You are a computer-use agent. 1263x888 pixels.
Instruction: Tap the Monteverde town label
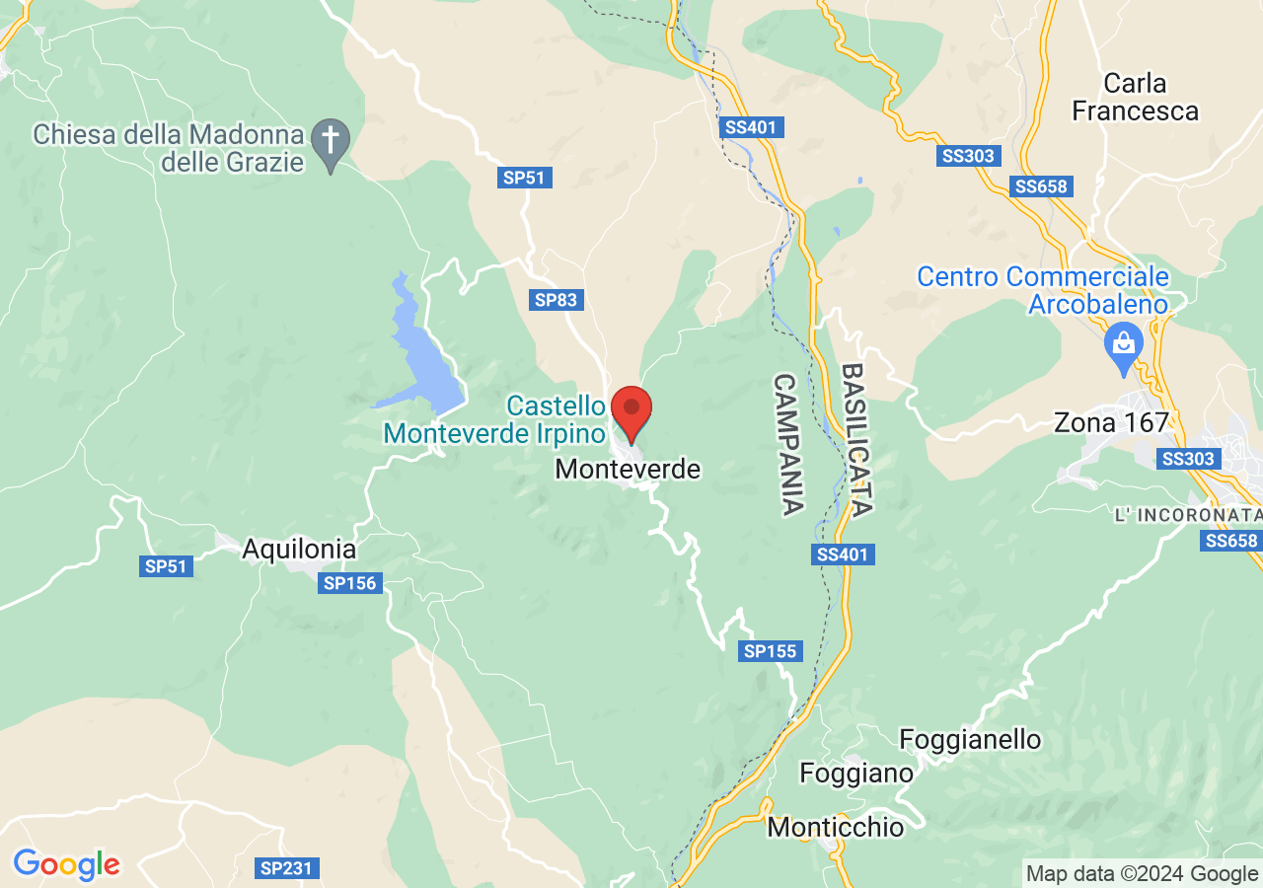click(628, 470)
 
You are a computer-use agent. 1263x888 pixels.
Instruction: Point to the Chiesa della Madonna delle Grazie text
click(168, 148)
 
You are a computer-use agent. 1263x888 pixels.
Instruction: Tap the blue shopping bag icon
click(1124, 344)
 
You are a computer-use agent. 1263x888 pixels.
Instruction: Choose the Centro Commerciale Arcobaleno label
click(1043, 290)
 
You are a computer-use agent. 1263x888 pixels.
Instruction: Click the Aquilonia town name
click(299, 549)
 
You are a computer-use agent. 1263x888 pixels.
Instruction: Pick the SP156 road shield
click(350, 583)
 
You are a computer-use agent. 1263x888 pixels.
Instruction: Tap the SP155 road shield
click(771, 651)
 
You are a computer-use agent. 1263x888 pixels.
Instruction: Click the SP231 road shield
click(286, 868)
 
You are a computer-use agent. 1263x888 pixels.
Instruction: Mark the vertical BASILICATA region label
click(855, 440)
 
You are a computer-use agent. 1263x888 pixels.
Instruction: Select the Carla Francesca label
click(1135, 97)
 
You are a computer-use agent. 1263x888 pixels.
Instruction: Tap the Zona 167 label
click(1111, 423)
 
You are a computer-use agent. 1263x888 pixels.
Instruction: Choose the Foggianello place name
click(970, 739)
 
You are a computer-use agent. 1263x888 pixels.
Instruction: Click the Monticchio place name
click(835, 827)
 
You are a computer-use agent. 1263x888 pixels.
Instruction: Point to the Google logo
click(66, 865)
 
